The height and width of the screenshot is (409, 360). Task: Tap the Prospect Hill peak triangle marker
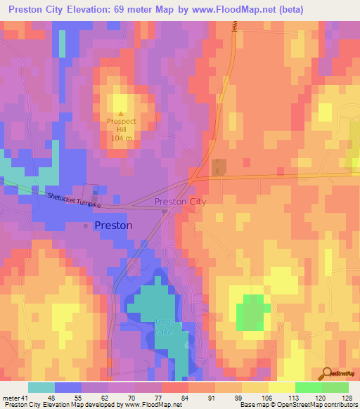(121, 112)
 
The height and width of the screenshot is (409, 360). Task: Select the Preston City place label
(180, 202)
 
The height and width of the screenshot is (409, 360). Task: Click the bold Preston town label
(112, 226)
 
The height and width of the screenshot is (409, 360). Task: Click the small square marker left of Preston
(86, 226)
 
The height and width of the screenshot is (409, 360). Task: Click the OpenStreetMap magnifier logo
(327, 374)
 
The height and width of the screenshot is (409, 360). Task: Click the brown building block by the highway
(219, 167)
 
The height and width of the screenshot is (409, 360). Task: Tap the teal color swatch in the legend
(41, 387)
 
